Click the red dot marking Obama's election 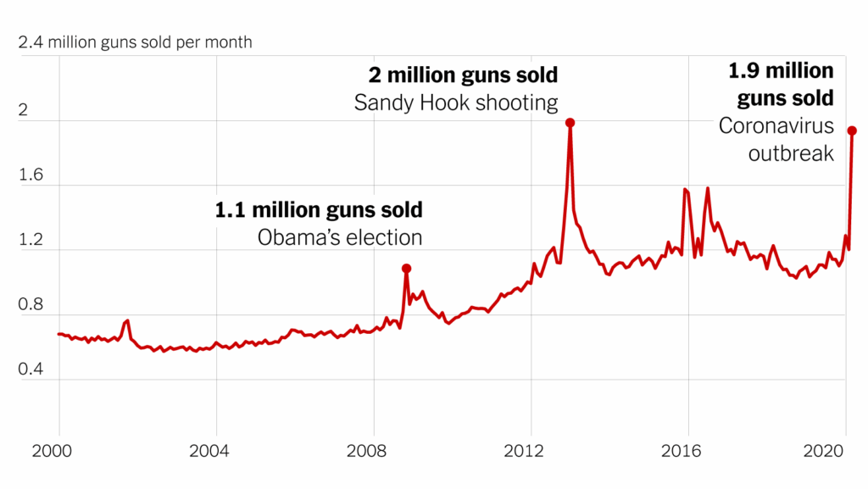(x=406, y=269)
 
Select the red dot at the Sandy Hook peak (x=570, y=123)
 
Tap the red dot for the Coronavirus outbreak (x=852, y=131)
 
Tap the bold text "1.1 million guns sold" (x=319, y=209)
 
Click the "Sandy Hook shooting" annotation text (x=456, y=103)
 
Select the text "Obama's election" (x=339, y=236)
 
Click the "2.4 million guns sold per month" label (x=135, y=42)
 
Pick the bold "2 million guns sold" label (x=463, y=75)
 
